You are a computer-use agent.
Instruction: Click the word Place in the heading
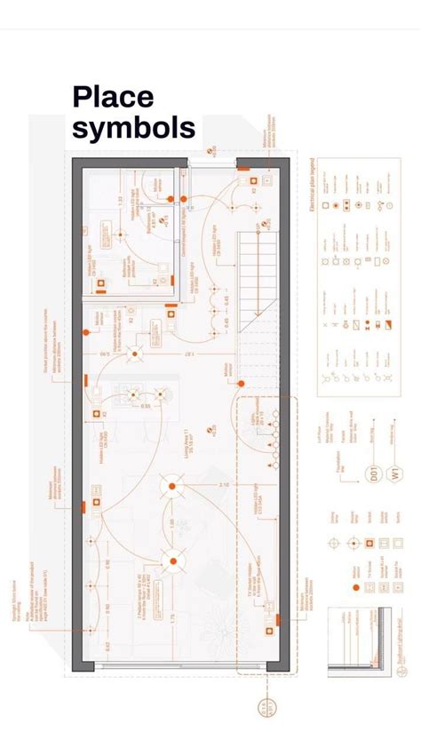pos(113,97)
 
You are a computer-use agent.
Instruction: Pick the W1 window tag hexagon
pos(401,473)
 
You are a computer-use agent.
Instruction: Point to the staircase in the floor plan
pos(257,275)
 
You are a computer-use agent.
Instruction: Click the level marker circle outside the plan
pos(265,708)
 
